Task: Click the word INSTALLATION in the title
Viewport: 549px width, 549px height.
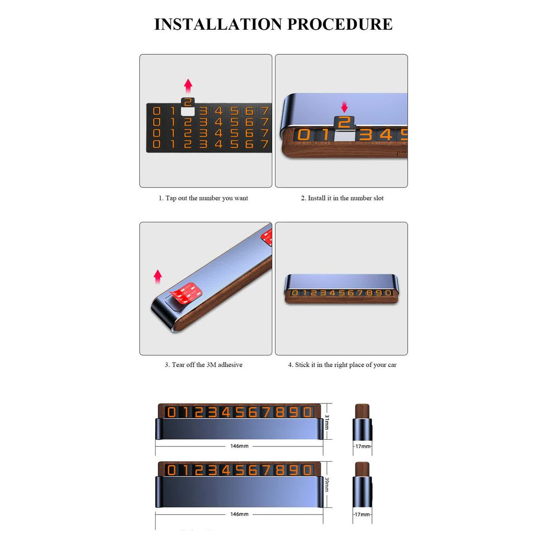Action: tap(218, 24)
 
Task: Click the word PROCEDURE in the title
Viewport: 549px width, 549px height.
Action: tap(340, 24)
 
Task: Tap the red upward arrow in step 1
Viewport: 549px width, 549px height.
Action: tap(188, 86)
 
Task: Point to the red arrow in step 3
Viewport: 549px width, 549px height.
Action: tap(157, 277)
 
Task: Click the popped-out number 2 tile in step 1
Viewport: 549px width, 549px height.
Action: tap(188, 102)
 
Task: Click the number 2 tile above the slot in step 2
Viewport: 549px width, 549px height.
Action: tap(344, 123)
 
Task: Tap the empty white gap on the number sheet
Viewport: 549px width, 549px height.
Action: tap(188, 111)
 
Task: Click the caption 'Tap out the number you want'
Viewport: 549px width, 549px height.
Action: tap(203, 198)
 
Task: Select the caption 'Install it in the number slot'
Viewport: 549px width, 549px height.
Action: tap(342, 198)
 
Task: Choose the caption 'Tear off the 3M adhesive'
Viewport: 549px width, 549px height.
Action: tap(204, 365)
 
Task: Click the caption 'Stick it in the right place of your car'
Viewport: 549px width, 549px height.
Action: tap(342, 365)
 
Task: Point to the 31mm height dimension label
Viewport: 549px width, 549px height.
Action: tap(327, 422)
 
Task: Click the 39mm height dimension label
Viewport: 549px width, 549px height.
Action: tap(327, 484)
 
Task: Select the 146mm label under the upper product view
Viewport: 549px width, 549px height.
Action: tap(239, 446)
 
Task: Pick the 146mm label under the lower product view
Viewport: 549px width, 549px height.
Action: tap(239, 514)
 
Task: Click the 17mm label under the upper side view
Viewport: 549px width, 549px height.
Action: tap(363, 447)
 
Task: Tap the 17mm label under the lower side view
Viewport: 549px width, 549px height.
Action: tap(362, 515)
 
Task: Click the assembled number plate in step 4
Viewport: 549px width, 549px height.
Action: tap(341, 288)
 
